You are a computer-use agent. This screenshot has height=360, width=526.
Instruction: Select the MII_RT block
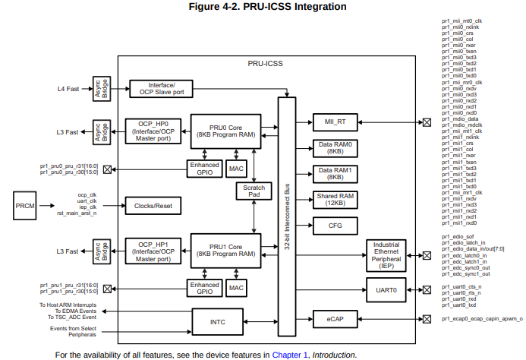[335, 122]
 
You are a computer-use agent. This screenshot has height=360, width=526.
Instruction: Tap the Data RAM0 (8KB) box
[335, 148]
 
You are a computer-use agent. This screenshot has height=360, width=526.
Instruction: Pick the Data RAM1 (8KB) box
[335, 174]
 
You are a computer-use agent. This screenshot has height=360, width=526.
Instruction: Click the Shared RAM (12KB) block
[335, 200]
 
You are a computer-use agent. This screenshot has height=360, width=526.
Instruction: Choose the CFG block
[335, 226]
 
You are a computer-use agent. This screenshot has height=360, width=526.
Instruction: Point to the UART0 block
[386, 289]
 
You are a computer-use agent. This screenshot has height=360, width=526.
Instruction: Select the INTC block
[217, 321]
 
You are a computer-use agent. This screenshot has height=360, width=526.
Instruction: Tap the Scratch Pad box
[253, 191]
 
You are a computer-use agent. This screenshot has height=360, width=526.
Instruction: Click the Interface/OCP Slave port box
[162, 89]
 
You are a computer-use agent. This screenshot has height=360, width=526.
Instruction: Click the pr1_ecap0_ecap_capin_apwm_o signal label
[482, 319]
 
